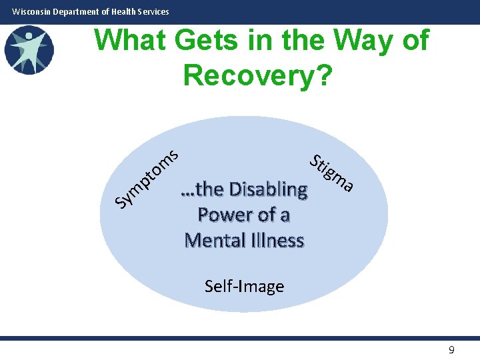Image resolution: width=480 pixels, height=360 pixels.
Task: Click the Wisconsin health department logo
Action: [x=29, y=50]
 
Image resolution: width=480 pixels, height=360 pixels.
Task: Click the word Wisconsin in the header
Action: [x=31, y=11]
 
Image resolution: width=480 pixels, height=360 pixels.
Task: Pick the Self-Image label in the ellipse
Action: [x=244, y=287]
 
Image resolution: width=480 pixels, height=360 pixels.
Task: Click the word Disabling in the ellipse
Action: [x=268, y=189]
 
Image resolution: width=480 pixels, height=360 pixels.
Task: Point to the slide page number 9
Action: [x=451, y=350]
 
